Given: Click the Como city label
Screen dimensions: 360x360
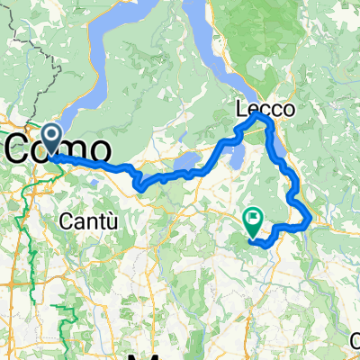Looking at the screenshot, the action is [x=63, y=148].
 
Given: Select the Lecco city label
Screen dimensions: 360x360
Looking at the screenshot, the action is [x=265, y=107].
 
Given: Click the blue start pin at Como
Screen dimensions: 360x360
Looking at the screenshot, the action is [x=50, y=139].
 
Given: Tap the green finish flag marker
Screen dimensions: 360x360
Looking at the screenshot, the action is [x=253, y=217].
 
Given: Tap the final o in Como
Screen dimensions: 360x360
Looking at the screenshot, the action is [x=102, y=148].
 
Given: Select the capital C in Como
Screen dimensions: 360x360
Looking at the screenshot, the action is [x=24, y=148].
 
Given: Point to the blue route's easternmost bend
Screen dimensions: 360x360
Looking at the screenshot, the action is [x=310, y=217].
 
